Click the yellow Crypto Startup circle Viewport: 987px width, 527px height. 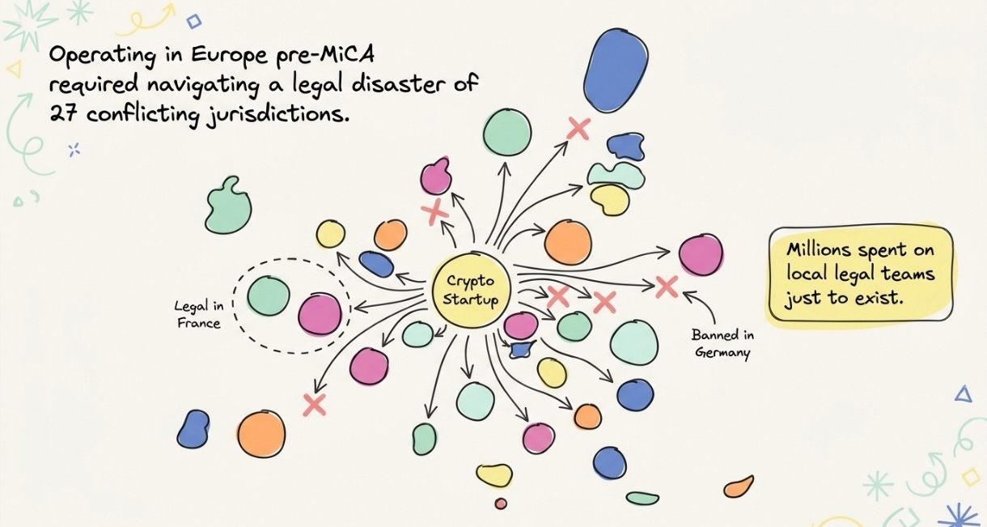coord(471,290)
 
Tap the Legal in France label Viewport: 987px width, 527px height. coord(199,314)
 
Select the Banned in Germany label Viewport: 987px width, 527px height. coord(722,344)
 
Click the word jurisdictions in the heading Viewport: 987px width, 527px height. coord(276,115)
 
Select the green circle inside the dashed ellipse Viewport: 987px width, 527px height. coord(269,295)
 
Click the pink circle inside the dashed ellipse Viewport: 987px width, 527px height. coord(320,314)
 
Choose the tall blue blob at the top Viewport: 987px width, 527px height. coord(616,70)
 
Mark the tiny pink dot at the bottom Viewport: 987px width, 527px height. coord(501,504)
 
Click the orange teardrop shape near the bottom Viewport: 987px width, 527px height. coord(739,487)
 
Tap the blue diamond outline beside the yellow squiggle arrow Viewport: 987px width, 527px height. coord(194,21)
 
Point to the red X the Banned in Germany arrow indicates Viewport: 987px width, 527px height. coord(667,287)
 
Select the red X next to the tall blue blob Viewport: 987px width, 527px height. coord(578,129)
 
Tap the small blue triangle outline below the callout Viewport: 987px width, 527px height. coord(964,394)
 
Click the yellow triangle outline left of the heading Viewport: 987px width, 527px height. coord(15,70)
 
